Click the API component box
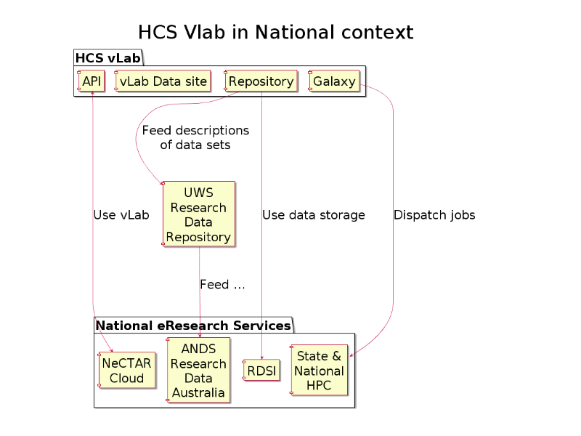tap(92, 81)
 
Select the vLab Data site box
tap(163, 81)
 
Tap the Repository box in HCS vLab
tap(261, 81)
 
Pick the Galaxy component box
tap(334, 81)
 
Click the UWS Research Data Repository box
tap(198, 214)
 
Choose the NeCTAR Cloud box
tap(126, 370)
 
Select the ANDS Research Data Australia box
tap(198, 370)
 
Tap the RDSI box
tap(261, 370)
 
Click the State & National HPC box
tap(319, 370)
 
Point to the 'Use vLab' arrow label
tap(121, 215)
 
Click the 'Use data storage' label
tap(314, 215)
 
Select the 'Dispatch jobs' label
tap(434, 215)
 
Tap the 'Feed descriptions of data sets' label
tap(195, 137)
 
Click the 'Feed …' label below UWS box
tap(222, 284)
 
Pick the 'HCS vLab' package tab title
tap(107, 58)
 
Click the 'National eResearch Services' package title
tap(193, 325)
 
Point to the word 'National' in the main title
tap(295, 32)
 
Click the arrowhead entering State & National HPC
tap(351, 355)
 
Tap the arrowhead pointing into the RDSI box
tap(262, 358)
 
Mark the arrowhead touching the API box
tap(92, 93)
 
